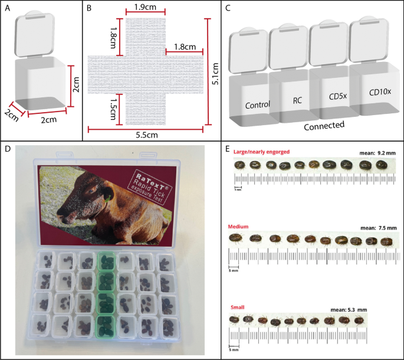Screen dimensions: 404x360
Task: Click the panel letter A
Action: [x=8, y=8]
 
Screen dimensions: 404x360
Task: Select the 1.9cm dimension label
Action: [x=145, y=7]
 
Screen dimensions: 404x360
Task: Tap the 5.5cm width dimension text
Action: [x=147, y=135]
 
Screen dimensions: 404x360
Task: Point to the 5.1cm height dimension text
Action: [x=215, y=74]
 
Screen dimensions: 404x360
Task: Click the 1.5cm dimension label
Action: [x=113, y=109]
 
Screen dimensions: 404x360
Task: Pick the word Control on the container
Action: [x=257, y=105]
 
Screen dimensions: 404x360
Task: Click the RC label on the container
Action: [x=297, y=100]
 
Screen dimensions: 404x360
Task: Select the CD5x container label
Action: [x=338, y=96]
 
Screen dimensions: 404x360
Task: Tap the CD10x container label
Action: [x=380, y=92]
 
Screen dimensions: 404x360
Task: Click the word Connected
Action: [x=324, y=126]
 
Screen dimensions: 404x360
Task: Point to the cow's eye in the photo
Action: [x=91, y=191]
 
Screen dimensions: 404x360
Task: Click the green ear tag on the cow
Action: [x=108, y=198]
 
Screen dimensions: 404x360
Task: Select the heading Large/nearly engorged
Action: [x=261, y=152]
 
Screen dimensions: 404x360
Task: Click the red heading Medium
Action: [x=238, y=227]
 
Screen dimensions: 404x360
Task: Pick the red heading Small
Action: [x=237, y=307]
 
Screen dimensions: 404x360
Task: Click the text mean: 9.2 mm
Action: [x=377, y=153]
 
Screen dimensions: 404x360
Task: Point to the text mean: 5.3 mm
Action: [x=349, y=309]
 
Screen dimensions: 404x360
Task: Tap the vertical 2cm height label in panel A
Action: [x=76, y=84]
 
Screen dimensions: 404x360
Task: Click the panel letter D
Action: [x=8, y=149]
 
